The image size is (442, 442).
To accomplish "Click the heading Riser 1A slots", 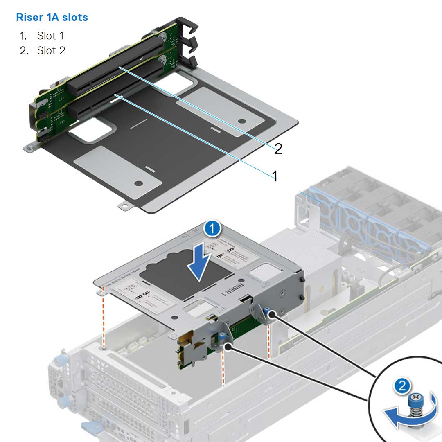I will [x=52, y=18].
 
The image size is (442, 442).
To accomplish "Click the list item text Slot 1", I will [x=50, y=36].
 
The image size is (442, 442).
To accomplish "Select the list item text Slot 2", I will [x=51, y=51].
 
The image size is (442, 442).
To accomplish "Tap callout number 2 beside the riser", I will [x=278, y=149].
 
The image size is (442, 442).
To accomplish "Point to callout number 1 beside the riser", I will [x=275, y=176].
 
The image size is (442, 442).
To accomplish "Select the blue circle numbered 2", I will [x=403, y=386].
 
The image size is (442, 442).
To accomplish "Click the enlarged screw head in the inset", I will [x=416, y=397].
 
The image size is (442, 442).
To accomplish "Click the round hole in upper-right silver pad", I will [x=242, y=121].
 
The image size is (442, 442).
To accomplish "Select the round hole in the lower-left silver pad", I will [x=139, y=183].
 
